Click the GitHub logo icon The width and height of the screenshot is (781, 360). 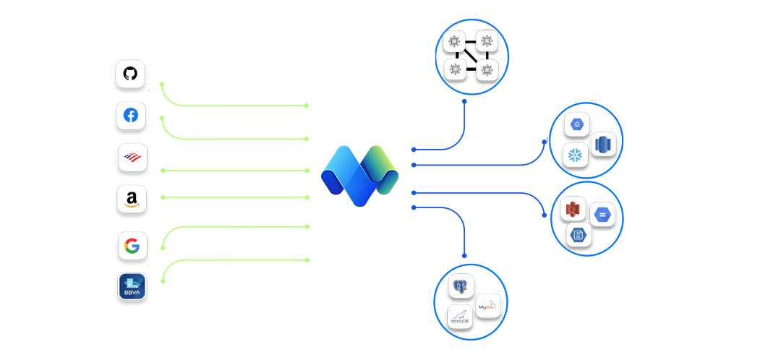(x=130, y=74)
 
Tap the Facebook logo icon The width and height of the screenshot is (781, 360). (x=131, y=116)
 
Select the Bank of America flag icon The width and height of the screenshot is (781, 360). (x=132, y=157)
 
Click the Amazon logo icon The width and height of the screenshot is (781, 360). (x=132, y=199)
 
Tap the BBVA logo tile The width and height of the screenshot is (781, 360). (x=132, y=286)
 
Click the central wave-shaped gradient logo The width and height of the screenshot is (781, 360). (x=359, y=176)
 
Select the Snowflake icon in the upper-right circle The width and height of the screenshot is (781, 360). (x=576, y=155)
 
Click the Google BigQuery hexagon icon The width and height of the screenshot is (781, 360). (x=578, y=124)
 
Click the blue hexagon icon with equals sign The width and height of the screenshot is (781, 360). (x=602, y=215)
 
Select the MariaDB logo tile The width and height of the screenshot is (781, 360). (x=460, y=317)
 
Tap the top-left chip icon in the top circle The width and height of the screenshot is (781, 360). (x=455, y=43)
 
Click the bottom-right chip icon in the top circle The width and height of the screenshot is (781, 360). (x=486, y=70)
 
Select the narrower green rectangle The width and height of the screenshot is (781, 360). (x=283, y=182)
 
